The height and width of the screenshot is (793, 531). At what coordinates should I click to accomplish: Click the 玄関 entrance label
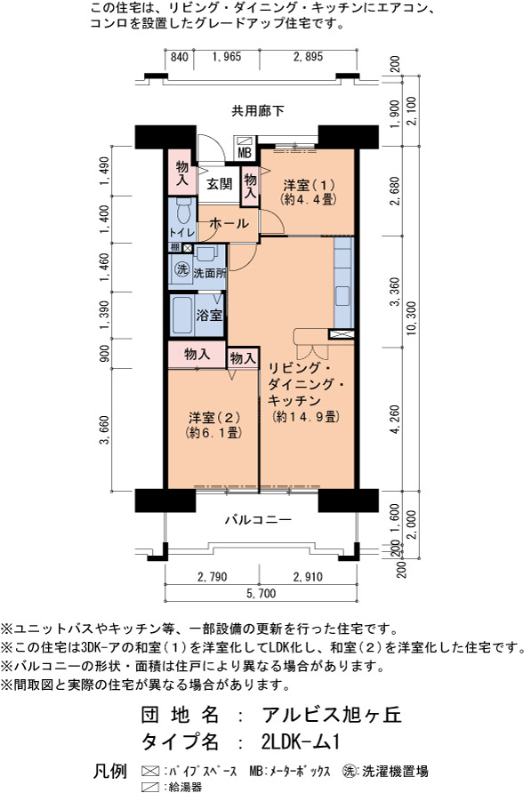click(x=219, y=183)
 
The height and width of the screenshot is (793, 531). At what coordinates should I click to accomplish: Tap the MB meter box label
click(x=244, y=153)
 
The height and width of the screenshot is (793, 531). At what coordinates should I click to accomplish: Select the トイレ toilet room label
click(x=181, y=233)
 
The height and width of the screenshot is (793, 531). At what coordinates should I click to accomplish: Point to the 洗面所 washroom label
click(x=210, y=273)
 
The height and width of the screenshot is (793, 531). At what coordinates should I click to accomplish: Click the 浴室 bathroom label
click(x=210, y=315)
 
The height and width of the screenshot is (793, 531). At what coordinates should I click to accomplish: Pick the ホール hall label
click(x=229, y=223)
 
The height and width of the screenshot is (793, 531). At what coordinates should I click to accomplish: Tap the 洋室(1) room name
click(x=309, y=185)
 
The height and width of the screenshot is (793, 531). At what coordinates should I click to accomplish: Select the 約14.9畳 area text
click(x=305, y=417)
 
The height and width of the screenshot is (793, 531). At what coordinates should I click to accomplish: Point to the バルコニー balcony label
click(x=258, y=519)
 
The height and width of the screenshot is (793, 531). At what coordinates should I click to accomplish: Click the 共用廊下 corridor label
click(x=258, y=110)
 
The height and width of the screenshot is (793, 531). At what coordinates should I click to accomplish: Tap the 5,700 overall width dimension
click(x=261, y=593)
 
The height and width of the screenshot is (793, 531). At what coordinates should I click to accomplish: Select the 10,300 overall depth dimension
click(x=411, y=317)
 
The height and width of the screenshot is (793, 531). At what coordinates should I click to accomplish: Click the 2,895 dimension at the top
click(x=308, y=57)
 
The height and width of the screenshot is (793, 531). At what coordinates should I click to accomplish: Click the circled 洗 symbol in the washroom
click(x=181, y=269)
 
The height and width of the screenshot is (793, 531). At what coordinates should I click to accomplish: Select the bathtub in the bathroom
click(x=181, y=316)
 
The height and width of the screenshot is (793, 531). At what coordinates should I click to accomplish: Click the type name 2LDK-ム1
click(x=301, y=741)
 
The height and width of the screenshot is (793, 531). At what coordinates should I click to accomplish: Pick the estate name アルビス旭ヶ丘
click(x=332, y=714)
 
